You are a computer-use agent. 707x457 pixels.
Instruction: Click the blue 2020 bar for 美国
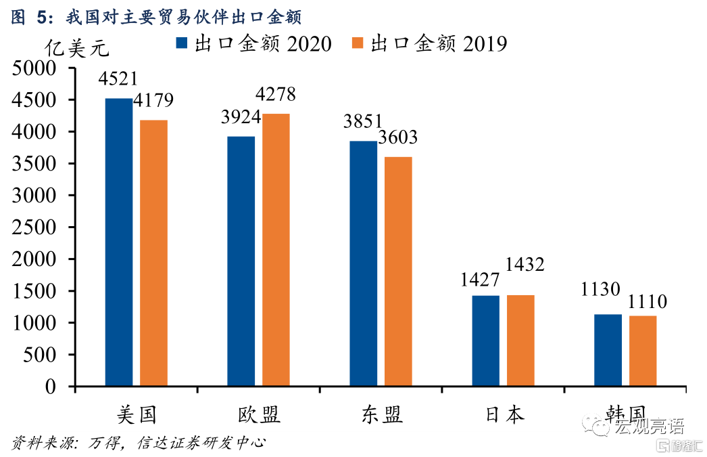click(x=119, y=242)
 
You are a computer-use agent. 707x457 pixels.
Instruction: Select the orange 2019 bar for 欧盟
click(x=276, y=250)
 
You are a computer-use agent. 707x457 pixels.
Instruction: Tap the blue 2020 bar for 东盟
click(x=364, y=263)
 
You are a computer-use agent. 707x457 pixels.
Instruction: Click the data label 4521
click(x=118, y=79)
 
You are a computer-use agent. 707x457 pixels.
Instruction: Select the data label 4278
click(x=275, y=95)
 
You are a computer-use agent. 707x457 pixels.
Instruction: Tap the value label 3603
click(x=397, y=138)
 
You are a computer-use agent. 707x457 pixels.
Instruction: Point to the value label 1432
click(x=520, y=265)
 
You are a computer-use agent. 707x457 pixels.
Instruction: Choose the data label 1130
click(x=601, y=290)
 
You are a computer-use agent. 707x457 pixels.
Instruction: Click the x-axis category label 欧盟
click(x=259, y=414)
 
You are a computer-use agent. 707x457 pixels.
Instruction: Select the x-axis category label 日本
click(x=504, y=414)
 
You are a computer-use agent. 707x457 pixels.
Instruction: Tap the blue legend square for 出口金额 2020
click(x=182, y=43)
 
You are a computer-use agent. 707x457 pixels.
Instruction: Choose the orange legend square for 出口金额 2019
click(x=358, y=43)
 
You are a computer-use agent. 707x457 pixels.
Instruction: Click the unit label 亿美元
click(x=76, y=49)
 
